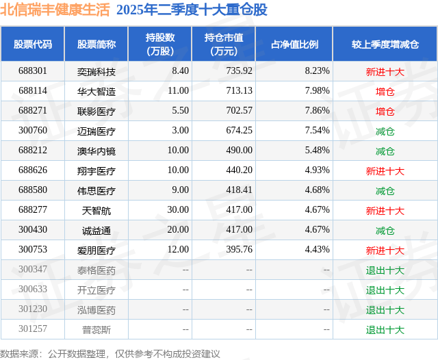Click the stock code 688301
(x=33, y=70)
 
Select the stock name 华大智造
(x=96, y=90)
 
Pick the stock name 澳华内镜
(x=96, y=151)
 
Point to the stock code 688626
(x=33, y=170)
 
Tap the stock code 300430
(x=33, y=230)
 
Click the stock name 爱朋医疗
(x=96, y=250)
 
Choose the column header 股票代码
(x=33, y=44)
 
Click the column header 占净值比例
(x=299, y=44)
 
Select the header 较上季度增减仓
(x=385, y=44)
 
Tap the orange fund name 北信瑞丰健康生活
(x=55, y=10)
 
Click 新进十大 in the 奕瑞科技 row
(x=385, y=71)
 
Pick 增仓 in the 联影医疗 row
(x=385, y=111)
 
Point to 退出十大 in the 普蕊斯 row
(x=385, y=330)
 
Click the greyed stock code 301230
(x=33, y=309)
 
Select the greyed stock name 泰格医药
(x=96, y=270)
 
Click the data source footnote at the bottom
(x=110, y=353)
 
